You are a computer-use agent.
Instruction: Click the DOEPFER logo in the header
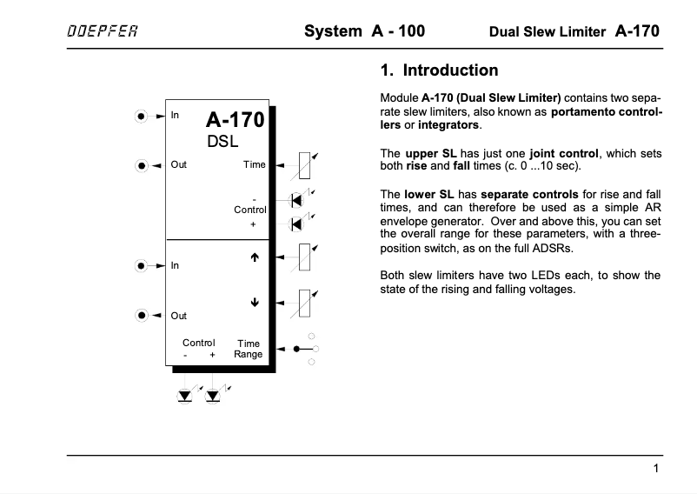point(102,32)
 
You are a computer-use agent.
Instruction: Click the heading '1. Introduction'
point(439,70)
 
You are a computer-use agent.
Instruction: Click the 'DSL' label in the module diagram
point(223,141)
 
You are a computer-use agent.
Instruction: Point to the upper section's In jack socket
point(142,115)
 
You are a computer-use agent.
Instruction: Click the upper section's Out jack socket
point(142,164)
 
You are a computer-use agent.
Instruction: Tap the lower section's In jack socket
point(142,265)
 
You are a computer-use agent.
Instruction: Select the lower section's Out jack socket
point(142,315)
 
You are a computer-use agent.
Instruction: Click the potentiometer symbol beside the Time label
point(303,164)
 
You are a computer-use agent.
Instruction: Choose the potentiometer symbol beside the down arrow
point(303,304)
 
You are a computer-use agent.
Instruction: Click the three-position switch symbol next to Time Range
point(304,349)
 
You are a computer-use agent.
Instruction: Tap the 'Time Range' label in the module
point(249,349)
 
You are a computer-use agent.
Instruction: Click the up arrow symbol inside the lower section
point(255,257)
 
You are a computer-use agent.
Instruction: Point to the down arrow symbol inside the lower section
point(255,304)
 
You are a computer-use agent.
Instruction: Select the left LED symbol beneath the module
point(185,395)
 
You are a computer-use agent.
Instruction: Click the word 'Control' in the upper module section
point(250,210)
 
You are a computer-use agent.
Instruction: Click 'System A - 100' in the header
point(364,31)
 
